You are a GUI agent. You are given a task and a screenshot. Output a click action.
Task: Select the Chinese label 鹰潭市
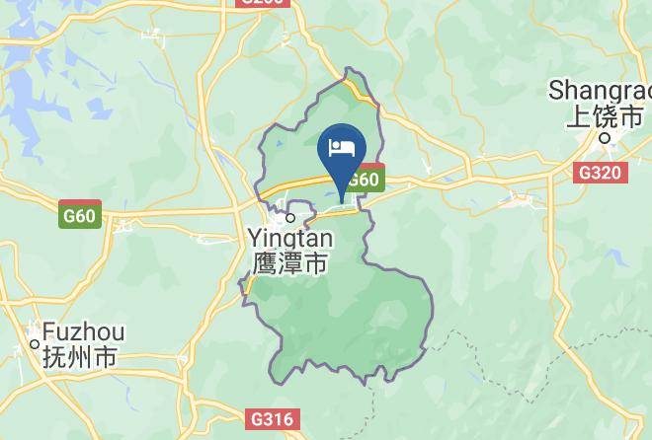click(287, 263)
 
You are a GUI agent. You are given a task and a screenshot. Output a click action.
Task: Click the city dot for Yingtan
click(290, 217)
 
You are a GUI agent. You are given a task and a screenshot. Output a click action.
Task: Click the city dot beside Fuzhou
click(34, 344)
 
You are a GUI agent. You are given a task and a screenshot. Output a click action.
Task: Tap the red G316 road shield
click(273, 419)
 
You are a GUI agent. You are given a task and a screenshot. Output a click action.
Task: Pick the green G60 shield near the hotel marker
click(363, 180)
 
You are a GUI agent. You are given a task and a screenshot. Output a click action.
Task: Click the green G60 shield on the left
click(80, 214)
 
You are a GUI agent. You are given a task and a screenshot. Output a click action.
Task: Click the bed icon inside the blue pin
click(341, 148)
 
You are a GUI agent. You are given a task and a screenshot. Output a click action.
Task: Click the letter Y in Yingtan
click(252, 238)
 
